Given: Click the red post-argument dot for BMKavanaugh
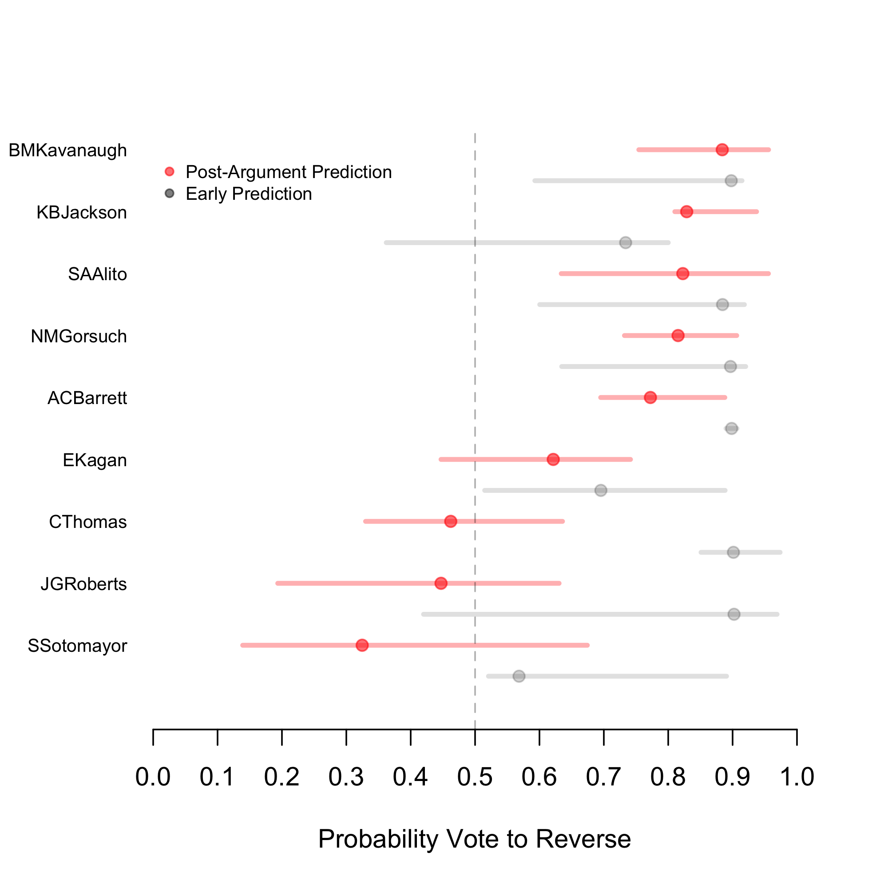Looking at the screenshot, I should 722,150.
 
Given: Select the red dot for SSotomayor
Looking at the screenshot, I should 362,645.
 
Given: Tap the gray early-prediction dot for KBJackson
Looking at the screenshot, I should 626,243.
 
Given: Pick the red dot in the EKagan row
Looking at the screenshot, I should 553,460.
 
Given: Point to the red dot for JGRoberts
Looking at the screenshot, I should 441,583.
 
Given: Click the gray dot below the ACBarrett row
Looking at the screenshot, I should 732,428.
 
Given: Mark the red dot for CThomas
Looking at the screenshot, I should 450,521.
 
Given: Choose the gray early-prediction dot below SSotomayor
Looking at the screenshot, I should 519,676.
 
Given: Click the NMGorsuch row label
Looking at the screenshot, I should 79,337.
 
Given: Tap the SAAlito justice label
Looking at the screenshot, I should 97,274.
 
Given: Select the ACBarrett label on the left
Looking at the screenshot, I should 87,398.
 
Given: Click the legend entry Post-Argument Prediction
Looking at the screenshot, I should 288,172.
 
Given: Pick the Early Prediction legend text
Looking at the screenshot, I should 249,194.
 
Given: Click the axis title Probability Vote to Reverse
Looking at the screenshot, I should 474,839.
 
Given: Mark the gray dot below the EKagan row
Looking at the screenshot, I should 601,491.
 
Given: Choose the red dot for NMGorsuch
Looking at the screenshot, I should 678,336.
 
